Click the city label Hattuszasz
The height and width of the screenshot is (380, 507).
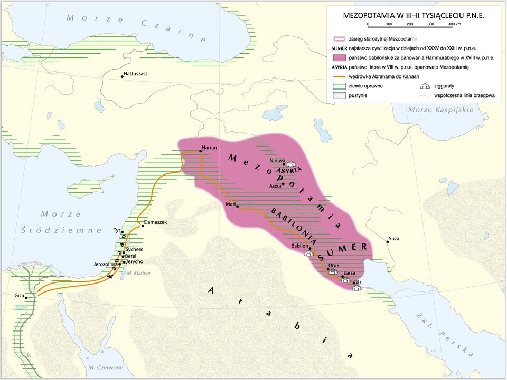click(x=135, y=74)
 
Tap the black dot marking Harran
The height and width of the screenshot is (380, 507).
click(x=200, y=152)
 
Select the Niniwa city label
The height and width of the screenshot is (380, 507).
click(x=277, y=160)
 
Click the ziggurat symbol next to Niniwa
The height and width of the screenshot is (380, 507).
click(x=291, y=164)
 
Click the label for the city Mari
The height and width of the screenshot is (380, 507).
click(x=230, y=203)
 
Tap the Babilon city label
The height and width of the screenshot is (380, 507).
click(x=299, y=246)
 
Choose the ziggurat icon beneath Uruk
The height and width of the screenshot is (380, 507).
click(x=333, y=272)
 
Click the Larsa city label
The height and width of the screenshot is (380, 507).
click(x=349, y=273)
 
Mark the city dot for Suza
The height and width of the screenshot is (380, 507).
click(x=387, y=241)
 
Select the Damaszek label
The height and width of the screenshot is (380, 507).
click(x=155, y=222)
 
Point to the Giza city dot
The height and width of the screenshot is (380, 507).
click(x=26, y=298)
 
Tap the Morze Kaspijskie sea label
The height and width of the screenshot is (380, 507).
click(x=440, y=109)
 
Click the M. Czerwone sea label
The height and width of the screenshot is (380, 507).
click(x=106, y=367)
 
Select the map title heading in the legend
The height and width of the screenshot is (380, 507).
click(x=414, y=15)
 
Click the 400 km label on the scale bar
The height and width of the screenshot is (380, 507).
click(x=454, y=24)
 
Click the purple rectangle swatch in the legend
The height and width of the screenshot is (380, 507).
click(x=340, y=57)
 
